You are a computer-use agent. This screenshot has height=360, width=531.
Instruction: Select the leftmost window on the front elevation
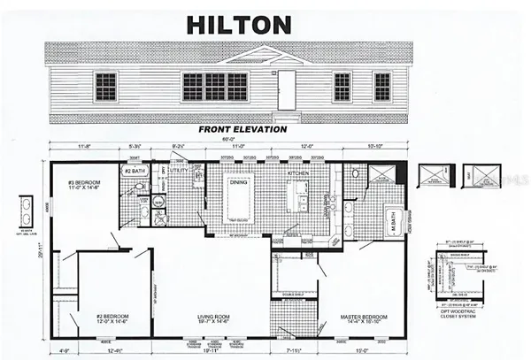[105, 86]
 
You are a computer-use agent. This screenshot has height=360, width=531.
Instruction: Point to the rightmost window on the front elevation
[382, 87]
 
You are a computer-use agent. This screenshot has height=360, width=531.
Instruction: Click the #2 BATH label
[135, 171]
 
